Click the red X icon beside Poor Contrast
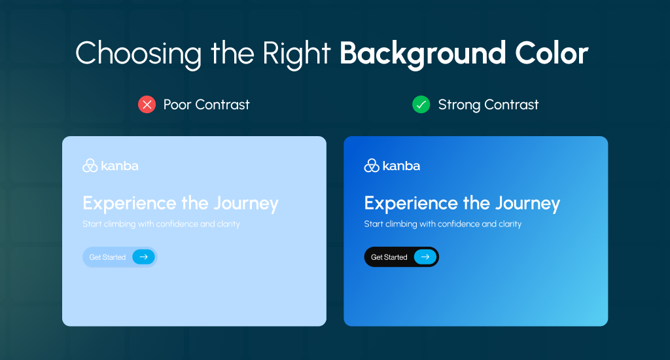[147, 104]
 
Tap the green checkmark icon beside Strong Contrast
[421, 104]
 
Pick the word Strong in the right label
[457, 104]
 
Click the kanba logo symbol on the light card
[90, 166]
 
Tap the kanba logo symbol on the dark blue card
[372, 166]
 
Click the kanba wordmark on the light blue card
[120, 166]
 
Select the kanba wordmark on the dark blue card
[401, 166]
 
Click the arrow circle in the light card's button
[143, 257]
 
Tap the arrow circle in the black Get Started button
[425, 257]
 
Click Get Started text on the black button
[389, 257]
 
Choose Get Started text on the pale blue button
[107, 257]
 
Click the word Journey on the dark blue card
[528, 204]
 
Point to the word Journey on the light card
[247, 204]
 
